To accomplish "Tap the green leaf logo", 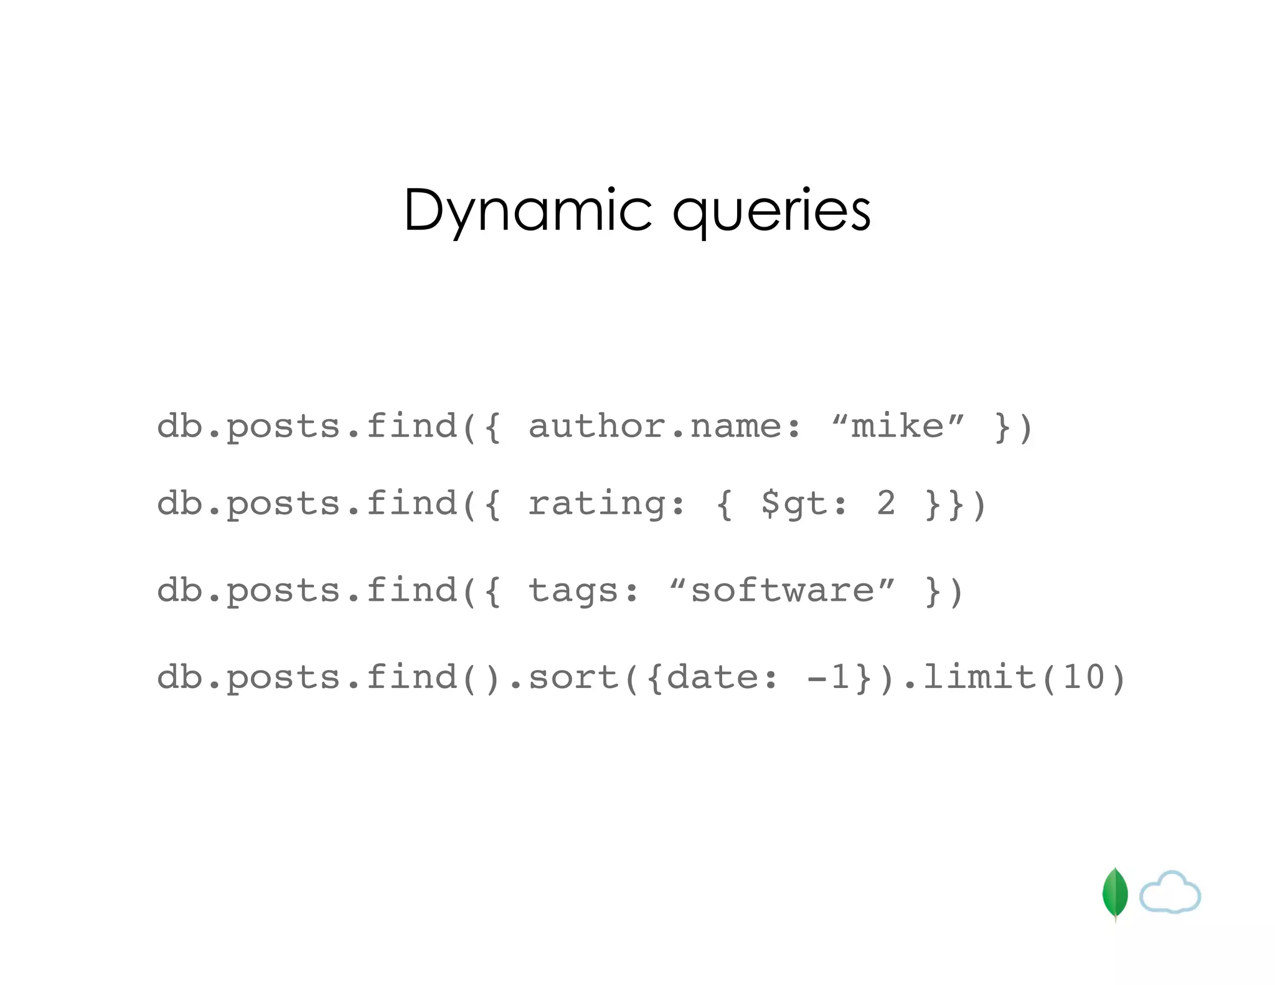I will click(x=1114, y=893).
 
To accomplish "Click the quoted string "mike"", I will click(x=897, y=427).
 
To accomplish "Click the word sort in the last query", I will click(x=573, y=677).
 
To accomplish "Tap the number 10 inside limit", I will click(x=1083, y=677).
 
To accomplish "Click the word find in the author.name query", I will click(x=412, y=427).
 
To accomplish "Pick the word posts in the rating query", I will click(x=283, y=504).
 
